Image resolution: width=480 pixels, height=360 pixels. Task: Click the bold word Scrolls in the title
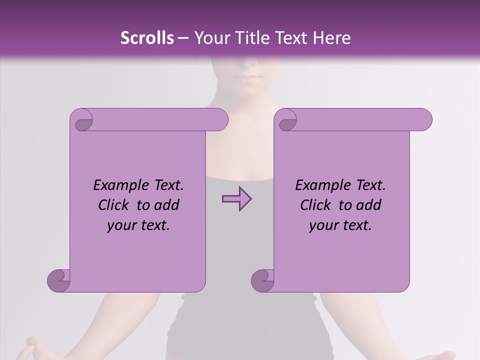click(147, 38)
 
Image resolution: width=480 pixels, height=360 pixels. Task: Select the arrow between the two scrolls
click(236, 199)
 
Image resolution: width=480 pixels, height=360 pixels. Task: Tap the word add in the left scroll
click(167, 205)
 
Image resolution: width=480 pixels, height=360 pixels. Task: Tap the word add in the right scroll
click(369, 205)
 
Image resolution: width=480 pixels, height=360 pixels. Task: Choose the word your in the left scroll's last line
click(122, 225)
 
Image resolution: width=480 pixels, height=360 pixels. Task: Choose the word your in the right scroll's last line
click(324, 225)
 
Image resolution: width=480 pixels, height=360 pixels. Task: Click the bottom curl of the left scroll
click(59, 281)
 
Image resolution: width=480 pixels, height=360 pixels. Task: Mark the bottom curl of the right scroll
click(262, 281)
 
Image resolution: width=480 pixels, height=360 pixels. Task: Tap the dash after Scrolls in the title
click(183, 38)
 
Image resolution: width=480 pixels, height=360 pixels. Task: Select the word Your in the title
click(210, 38)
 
